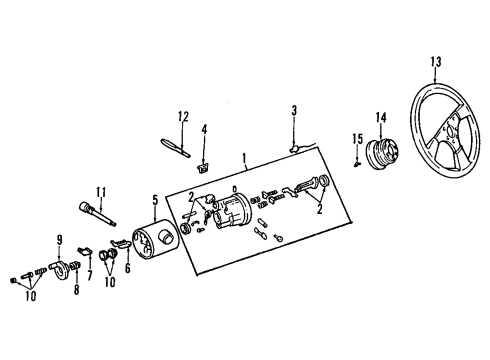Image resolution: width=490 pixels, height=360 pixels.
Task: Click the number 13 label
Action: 436,62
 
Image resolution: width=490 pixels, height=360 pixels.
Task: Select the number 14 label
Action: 381,118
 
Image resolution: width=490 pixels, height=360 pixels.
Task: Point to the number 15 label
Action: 356,137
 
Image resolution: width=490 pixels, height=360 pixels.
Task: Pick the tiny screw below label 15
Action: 357,160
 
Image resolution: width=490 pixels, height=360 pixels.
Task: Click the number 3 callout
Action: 295,109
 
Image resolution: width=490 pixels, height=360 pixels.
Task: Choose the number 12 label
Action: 182,117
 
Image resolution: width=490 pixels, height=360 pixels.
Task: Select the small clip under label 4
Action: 204,167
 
